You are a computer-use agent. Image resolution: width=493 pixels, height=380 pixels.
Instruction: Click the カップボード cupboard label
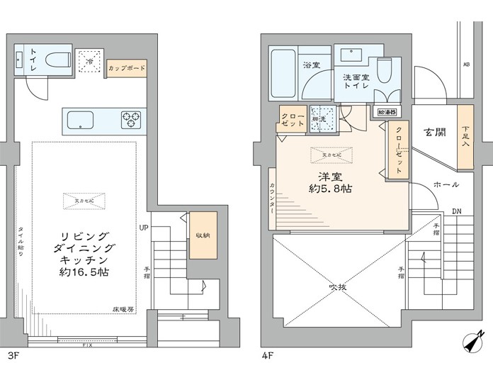pyautogui.click(x=127, y=69)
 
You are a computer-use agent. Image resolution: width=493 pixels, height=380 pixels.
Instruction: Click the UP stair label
pyautogui.click(x=144, y=228)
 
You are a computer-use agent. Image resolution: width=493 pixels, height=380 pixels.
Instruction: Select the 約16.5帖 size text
pyautogui.click(x=84, y=272)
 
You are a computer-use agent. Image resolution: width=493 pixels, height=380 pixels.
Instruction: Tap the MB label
pyautogui.click(x=466, y=65)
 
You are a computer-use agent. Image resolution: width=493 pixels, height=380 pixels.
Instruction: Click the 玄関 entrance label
pyautogui.click(x=434, y=132)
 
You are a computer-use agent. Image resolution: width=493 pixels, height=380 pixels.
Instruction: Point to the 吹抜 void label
pyautogui.click(x=336, y=287)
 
